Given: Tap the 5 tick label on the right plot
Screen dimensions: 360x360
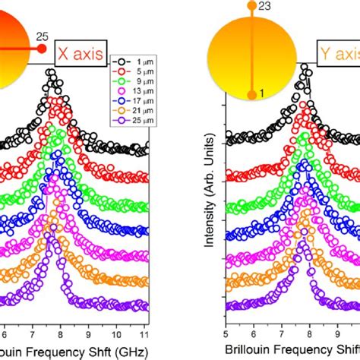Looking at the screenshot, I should tap(226, 333).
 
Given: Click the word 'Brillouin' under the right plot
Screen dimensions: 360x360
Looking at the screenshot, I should tap(250, 351).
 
